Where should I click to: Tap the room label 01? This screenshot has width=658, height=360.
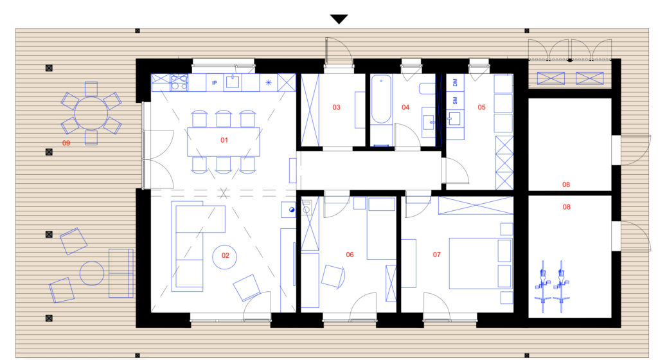[x=224, y=140]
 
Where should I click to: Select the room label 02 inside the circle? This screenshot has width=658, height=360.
[x=226, y=255]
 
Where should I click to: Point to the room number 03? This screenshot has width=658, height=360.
[x=336, y=107]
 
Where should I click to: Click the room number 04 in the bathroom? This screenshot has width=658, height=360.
[x=405, y=107]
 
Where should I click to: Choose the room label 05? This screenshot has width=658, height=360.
[x=481, y=107]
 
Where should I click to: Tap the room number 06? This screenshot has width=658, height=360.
[x=350, y=255]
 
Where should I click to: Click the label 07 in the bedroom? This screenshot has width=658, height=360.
[x=437, y=255]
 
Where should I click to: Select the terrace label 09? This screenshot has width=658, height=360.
[x=66, y=143]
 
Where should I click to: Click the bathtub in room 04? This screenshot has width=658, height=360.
[x=381, y=99]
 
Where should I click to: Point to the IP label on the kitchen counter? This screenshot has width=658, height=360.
[x=215, y=83]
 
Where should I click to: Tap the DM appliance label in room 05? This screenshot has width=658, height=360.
[x=455, y=82]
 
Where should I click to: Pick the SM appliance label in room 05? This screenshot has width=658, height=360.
[x=455, y=101]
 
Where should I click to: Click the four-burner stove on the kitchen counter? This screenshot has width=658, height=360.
[x=179, y=82]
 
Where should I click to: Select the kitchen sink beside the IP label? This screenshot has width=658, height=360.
[x=233, y=82]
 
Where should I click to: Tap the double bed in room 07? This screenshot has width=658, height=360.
[x=481, y=264]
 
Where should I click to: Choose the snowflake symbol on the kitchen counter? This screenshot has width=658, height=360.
[x=269, y=82]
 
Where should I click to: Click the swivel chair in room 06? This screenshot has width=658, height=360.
[x=333, y=276]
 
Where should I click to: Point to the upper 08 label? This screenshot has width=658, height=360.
[x=566, y=184]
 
